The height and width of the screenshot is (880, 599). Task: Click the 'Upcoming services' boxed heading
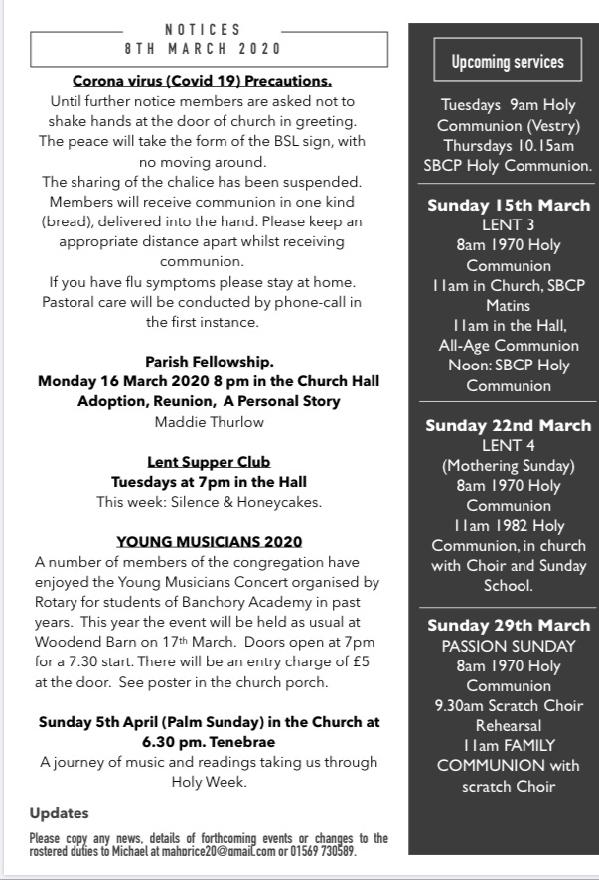tap(507, 62)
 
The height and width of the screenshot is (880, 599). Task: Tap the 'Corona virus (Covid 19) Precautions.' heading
tap(202, 81)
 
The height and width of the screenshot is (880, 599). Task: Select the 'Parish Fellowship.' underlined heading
tap(209, 361)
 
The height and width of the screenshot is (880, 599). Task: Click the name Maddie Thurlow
tap(209, 421)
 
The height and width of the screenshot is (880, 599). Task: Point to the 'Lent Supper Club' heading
tap(209, 462)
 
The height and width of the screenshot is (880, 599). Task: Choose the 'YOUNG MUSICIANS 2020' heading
tap(209, 541)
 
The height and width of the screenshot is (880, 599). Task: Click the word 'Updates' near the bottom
tap(60, 813)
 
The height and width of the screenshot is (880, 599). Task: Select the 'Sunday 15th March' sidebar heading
tap(509, 206)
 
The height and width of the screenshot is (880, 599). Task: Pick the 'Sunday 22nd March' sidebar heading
tap(509, 425)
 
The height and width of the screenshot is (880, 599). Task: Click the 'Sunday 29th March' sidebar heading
tap(509, 626)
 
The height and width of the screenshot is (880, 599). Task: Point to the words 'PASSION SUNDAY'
tap(509, 646)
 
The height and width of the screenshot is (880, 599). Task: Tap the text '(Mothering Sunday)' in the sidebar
tap(509, 466)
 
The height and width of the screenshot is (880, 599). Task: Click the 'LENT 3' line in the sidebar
tap(509, 225)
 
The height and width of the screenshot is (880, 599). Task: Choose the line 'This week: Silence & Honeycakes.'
tap(209, 502)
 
